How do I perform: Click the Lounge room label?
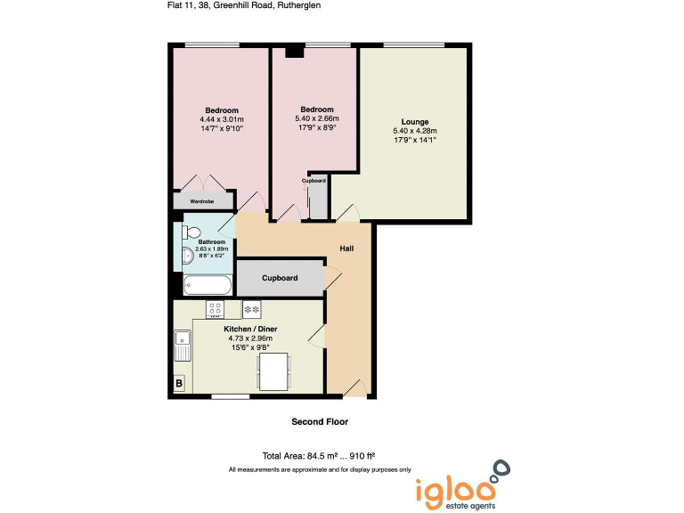click(415, 122)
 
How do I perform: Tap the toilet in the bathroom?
click(190, 232)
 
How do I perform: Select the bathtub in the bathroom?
click(208, 285)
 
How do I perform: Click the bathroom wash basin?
click(186, 257)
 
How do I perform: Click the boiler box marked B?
click(180, 384)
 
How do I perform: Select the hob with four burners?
click(215, 309)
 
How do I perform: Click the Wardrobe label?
click(201, 201)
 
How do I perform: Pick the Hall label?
click(347, 248)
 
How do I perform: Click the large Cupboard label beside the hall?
click(280, 278)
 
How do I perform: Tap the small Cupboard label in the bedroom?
click(313, 181)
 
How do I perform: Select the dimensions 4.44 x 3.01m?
click(222, 119)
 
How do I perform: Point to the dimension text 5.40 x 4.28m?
click(415, 131)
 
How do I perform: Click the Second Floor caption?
click(320, 421)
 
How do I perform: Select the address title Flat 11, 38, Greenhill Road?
click(244, 5)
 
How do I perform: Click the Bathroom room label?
click(212, 242)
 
